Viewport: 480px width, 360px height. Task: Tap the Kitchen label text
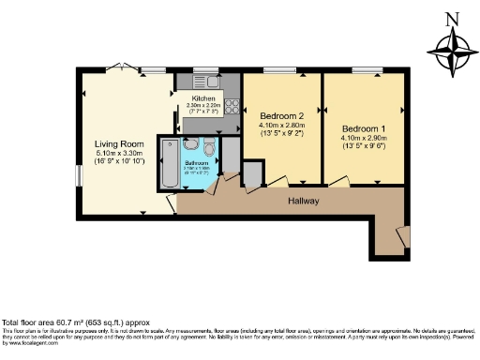click(203, 98)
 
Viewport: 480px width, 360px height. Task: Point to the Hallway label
click(304, 202)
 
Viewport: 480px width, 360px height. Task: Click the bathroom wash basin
click(190, 145)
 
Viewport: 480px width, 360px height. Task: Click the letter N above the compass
click(452, 18)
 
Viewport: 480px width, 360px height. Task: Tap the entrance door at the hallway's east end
click(403, 233)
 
